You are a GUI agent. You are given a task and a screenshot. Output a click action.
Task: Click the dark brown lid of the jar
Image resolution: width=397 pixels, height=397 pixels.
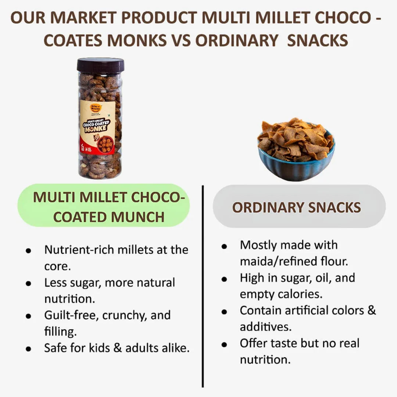[x=100, y=65]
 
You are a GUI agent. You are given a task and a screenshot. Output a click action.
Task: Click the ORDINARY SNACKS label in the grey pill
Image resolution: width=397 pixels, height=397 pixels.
[x=296, y=207]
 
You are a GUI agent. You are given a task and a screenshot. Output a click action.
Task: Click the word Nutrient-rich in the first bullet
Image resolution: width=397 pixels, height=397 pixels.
[x=79, y=250]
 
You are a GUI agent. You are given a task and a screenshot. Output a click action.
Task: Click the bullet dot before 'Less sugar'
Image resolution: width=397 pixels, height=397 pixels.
[x=28, y=283]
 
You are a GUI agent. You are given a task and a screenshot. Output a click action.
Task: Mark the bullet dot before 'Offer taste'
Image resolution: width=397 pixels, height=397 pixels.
[x=224, y=344]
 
